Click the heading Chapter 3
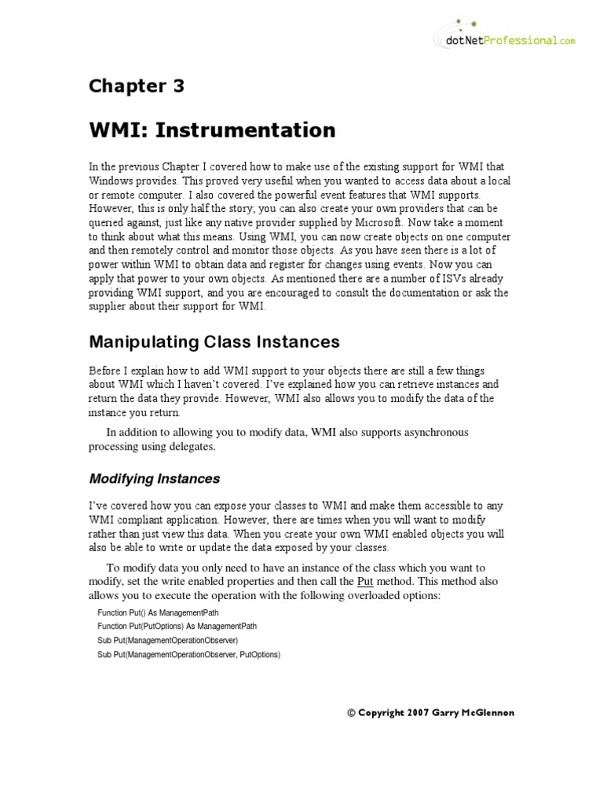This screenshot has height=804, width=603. [136, 86]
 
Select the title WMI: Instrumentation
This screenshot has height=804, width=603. [212, 130]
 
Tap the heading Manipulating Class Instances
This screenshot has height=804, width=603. [214, 342]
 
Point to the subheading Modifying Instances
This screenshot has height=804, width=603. [154, 479]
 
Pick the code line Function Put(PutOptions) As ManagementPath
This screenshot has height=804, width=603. [177, 626]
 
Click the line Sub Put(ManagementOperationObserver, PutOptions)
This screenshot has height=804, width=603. [188, 654]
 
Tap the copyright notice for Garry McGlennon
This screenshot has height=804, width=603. [430, 713]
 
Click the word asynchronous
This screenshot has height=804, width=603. [429, 433]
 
